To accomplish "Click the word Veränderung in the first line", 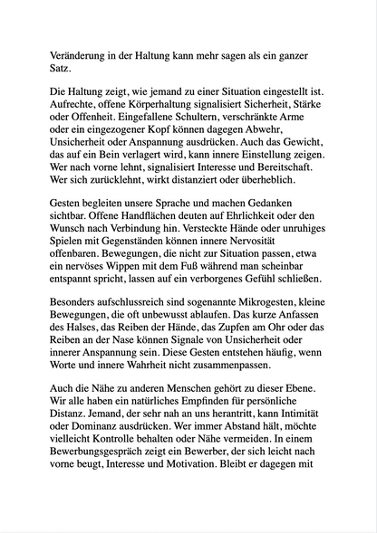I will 79,52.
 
